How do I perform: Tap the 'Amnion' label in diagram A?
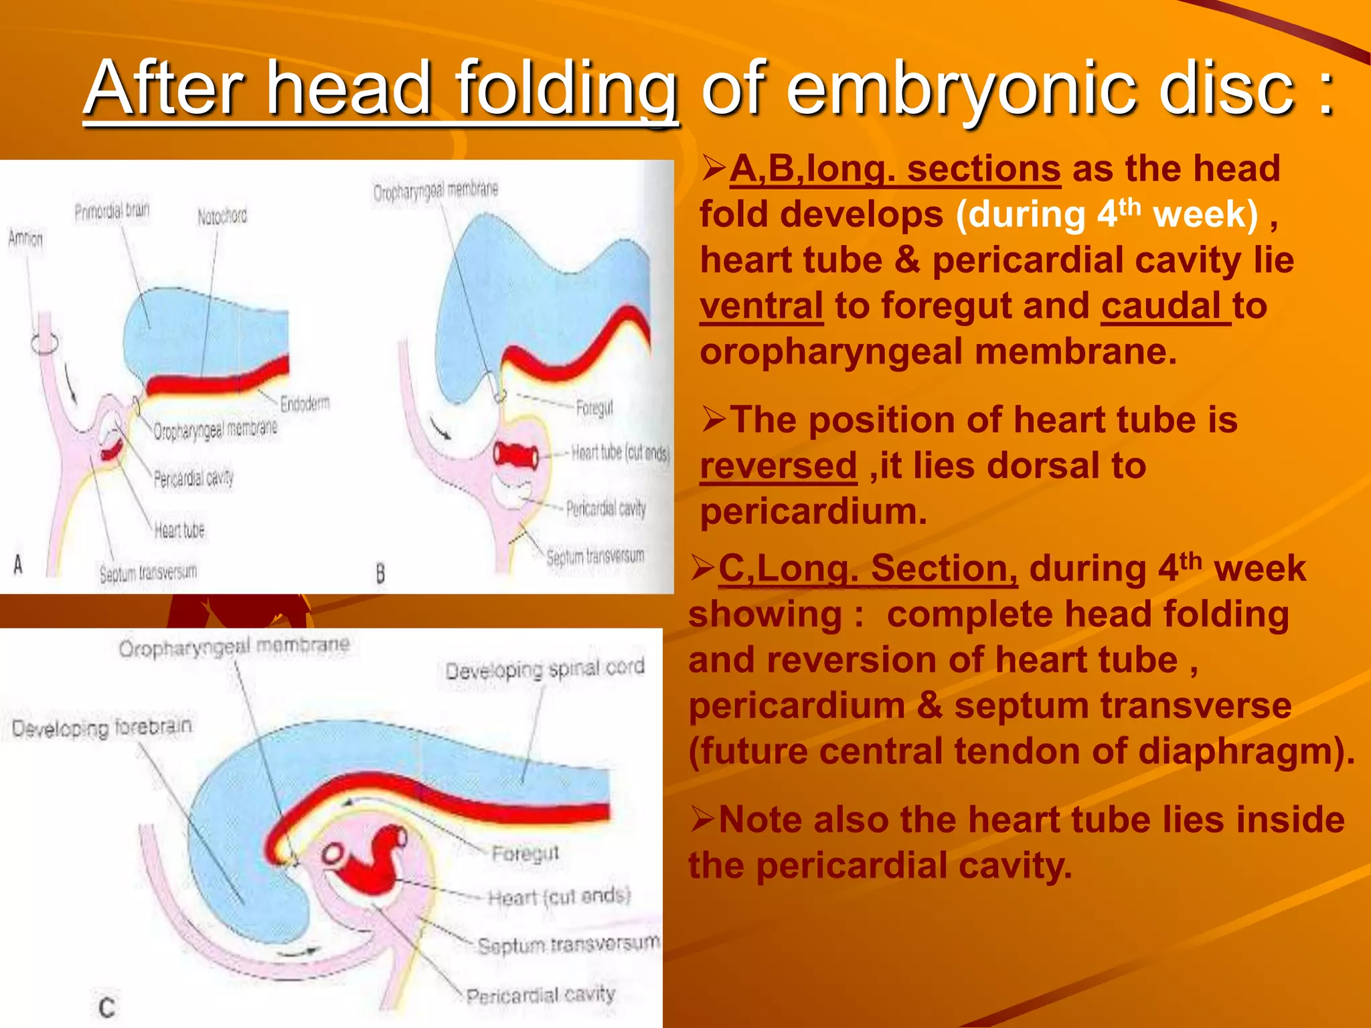(x=25, y=238)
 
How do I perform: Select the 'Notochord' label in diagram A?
(x=222, y=216)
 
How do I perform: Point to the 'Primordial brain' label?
(x=112, y=211)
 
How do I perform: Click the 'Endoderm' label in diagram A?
(x=305, y=404)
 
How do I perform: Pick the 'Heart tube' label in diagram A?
(x=179, y=531)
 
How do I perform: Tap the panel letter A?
(x=18, y=566)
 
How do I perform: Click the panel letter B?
(x=380, y=574)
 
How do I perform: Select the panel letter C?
(x=106, y=1007)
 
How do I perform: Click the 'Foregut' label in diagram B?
(x=594, y=407)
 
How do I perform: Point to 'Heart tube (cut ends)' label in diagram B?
(x=620, y=453)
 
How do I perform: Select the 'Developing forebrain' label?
(x=102, y=727)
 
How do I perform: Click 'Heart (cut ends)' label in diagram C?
(x=559, y=896)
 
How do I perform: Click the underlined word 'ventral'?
(x=761, y=307)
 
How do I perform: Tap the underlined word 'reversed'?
(x=778, y=466)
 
